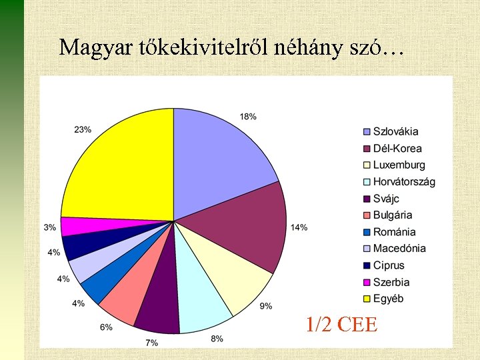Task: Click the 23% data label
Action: pyautogui.click(x=83, y=129)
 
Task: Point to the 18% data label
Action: pyautogui.click(x=248, y=117)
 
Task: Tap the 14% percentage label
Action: pyautogui.click(x=299, y=227)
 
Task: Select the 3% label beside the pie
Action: pyautogui.click(x=50, y=227)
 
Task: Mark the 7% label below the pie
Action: pyautogui.click(x=152, y=343)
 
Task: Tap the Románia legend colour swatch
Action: pyautogui.click(x=366, y=232)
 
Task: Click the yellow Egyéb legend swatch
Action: pyautogui.click(x=366, y=299)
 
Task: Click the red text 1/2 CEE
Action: pyautogui.click(x=341, y=325)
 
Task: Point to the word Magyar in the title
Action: pyautogui.click(x=87, y=47)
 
